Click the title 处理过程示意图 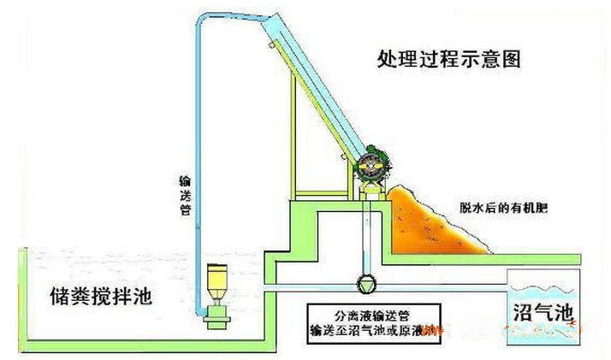click(448, 60)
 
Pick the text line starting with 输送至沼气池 click(372, 329)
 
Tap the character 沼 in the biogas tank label click(522, 310)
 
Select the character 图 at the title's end click(511, 60)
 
